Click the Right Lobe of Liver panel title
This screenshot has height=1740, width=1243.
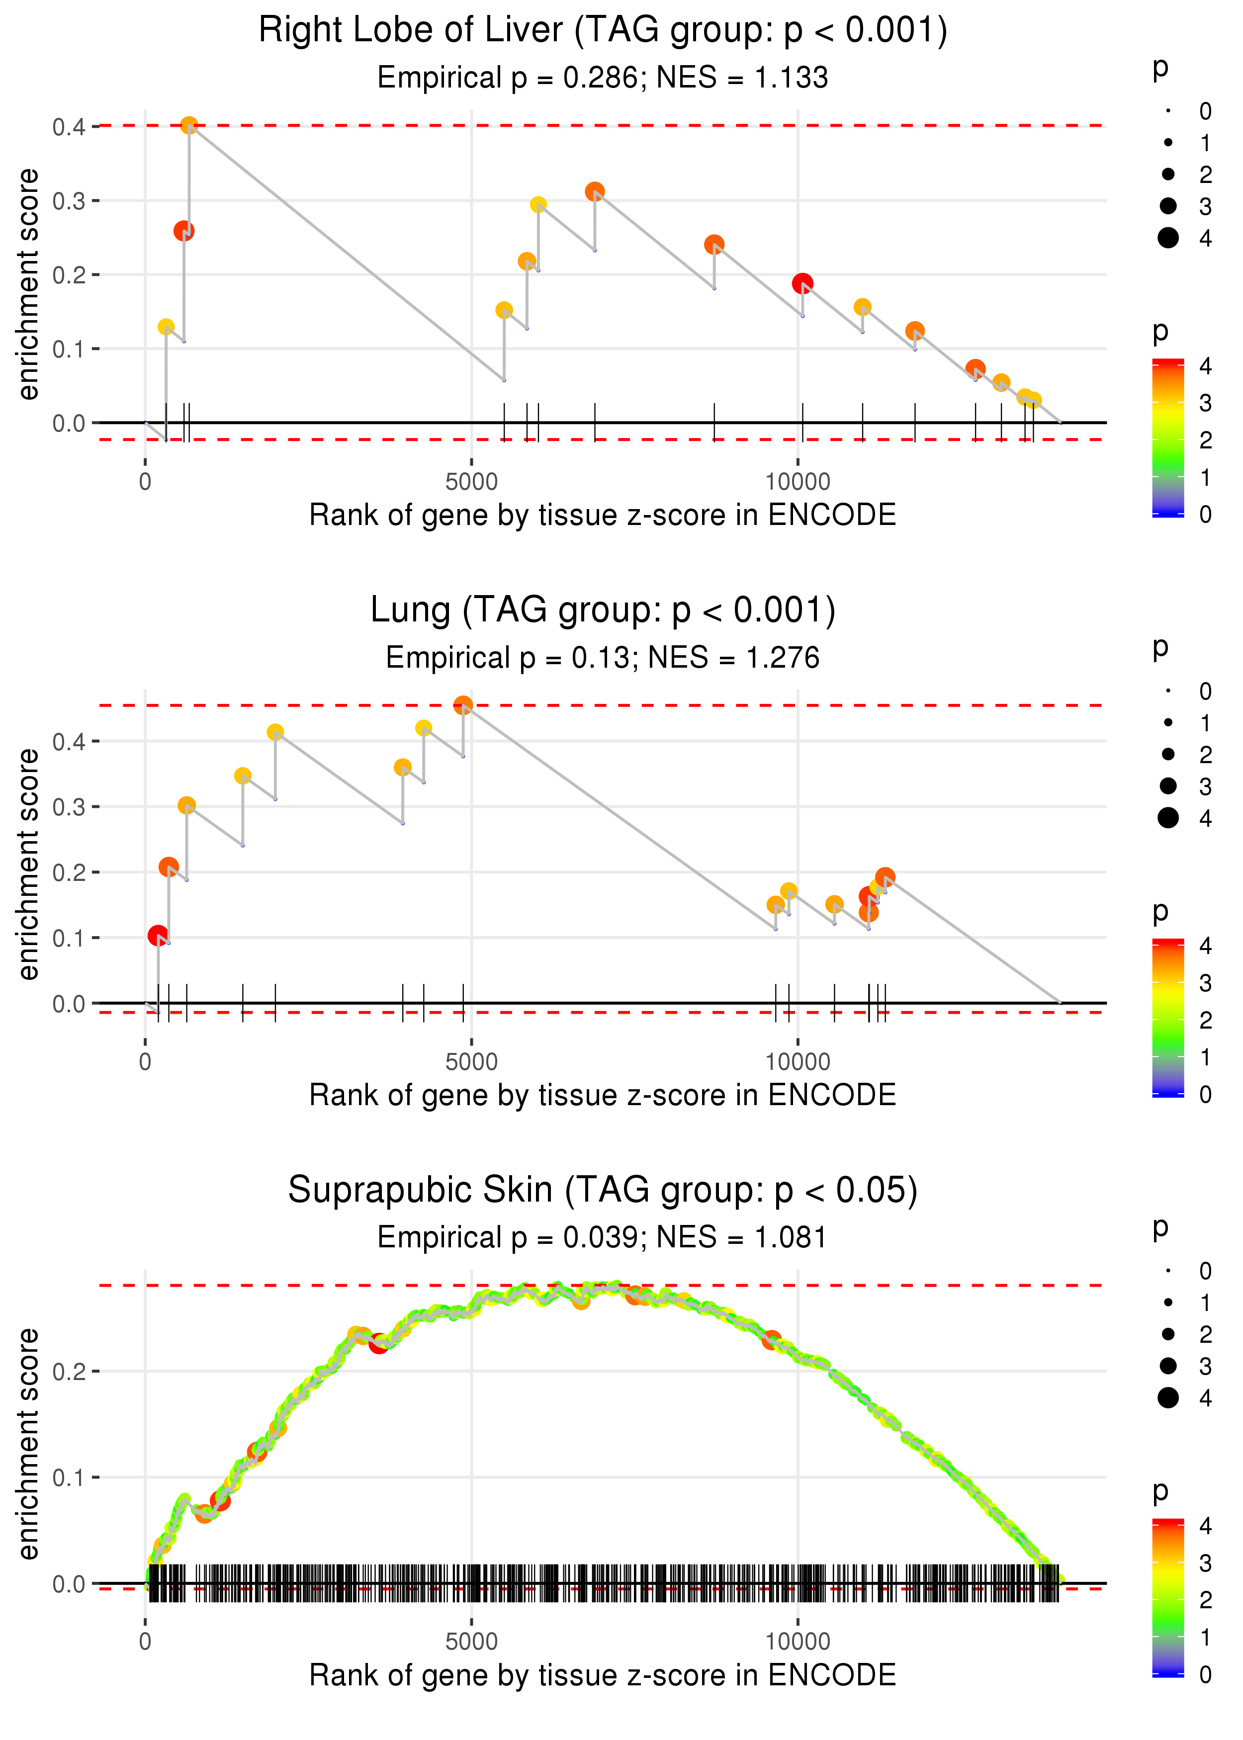(x=603, y=31)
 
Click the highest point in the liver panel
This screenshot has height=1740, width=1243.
(x=189, y=125)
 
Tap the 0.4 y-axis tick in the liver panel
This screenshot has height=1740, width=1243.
(x=69, y=126)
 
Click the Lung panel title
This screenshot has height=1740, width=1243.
(x=603, y=610)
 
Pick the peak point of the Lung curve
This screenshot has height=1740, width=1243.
(x=463, y=705)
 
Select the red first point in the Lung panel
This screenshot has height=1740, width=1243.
(x=158, y=936)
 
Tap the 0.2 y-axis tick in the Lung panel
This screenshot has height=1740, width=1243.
(x=69, y=873)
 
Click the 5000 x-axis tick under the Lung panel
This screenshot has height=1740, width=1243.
(x=471, y=1061)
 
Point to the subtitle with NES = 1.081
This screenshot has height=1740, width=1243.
(x=603, y=1237)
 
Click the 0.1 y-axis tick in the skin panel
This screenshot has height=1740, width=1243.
(x=69, y=1478)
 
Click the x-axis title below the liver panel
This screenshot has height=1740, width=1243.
(x=603, y=515)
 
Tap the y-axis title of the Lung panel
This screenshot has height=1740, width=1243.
(x=29, y=864)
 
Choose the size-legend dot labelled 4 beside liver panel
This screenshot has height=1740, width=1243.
(x=1168, y=238)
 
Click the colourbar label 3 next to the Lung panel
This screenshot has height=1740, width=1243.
(x=1206, y=982)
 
